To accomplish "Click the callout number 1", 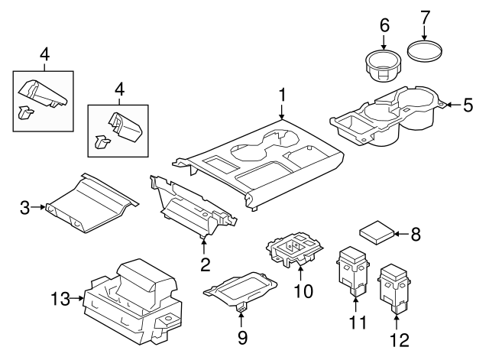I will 282,96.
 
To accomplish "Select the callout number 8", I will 416,235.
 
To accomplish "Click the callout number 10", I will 304,291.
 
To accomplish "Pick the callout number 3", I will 24,206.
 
